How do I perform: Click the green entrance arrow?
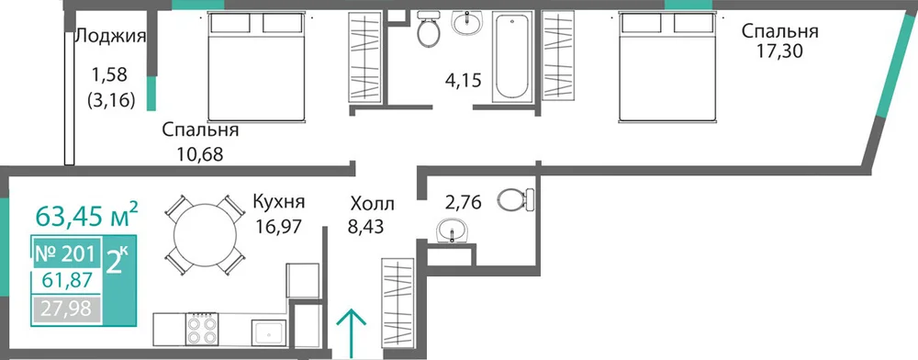[352, 333]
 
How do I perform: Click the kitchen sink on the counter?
[269, 333]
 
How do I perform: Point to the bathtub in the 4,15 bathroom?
[512, 56]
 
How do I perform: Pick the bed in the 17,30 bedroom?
[668, 67]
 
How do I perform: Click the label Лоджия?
[111, 37]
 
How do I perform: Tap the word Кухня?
[278, 202]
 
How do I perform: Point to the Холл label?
[373, 204]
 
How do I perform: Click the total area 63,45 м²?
[87, 215]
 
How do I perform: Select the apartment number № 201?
[64, 254]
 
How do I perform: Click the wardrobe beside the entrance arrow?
[397, 303]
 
